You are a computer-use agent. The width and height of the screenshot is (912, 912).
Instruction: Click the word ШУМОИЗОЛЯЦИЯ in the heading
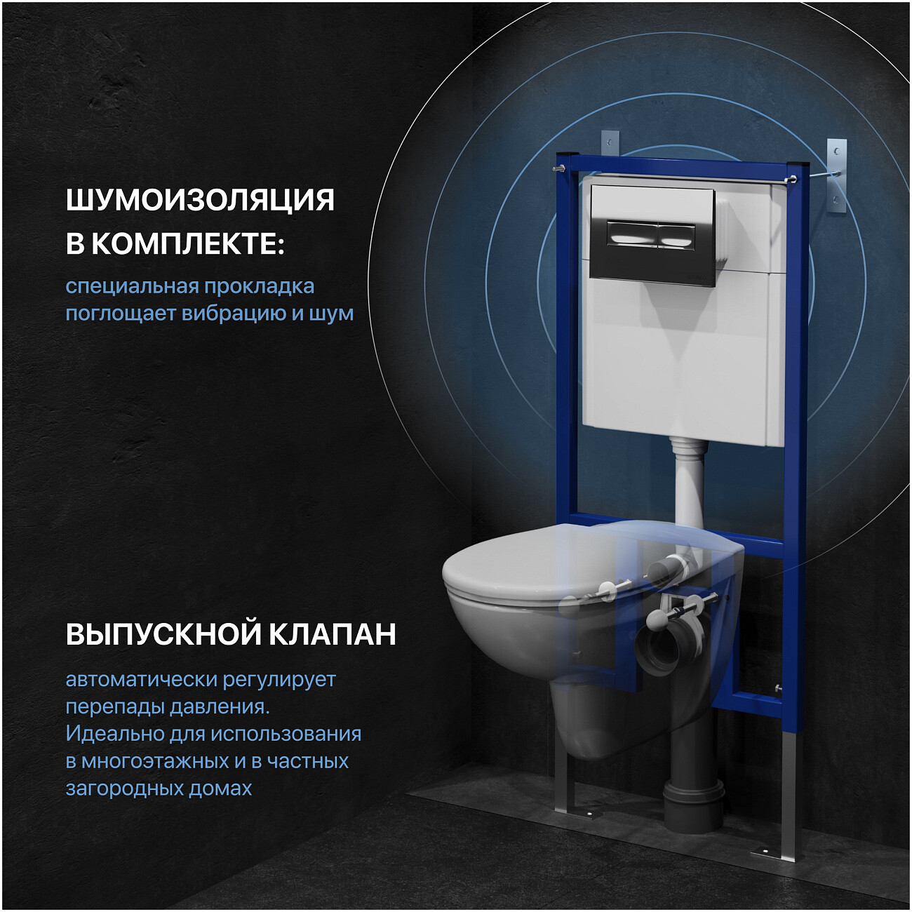tap(200, 200)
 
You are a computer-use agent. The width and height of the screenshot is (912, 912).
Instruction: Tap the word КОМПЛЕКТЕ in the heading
tap(187, 244)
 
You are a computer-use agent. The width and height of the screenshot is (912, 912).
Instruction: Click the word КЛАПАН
tap(333, 633)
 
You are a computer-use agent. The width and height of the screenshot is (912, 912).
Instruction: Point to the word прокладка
tap(259, 286)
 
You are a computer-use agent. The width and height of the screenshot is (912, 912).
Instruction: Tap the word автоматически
tap(141, 679)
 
